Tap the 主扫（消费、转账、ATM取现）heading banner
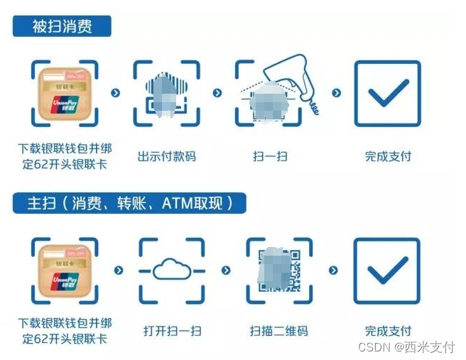[x=129, y=204]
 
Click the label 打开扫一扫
[x=172, y=331]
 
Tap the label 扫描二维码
[x=278, y=331]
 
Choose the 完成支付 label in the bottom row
[x=388, y=331]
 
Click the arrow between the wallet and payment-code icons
[x=116, y=93]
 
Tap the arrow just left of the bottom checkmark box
[x=333, y=271]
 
